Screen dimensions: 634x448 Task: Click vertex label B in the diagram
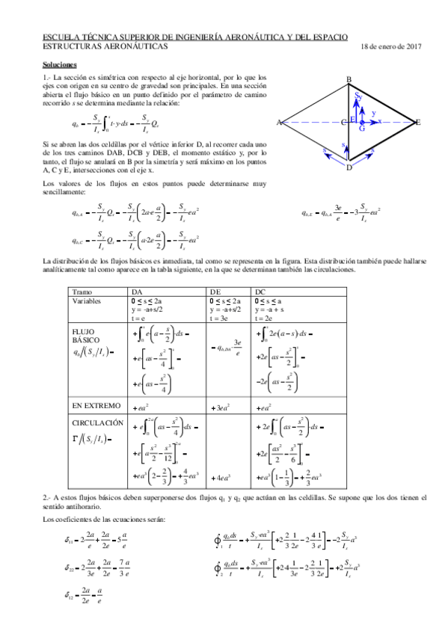349,80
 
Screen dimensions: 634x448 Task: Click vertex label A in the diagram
278,123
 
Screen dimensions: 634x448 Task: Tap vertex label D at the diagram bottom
349,167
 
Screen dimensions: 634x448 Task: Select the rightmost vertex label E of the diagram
419,122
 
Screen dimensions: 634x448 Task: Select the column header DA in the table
138,291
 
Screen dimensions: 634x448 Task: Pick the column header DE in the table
215,291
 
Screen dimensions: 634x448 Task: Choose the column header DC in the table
260,291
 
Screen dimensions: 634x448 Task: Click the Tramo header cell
82,291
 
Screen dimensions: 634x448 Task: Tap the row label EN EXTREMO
96,405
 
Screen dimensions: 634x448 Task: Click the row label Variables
88,300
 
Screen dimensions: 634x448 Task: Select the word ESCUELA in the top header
60,37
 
